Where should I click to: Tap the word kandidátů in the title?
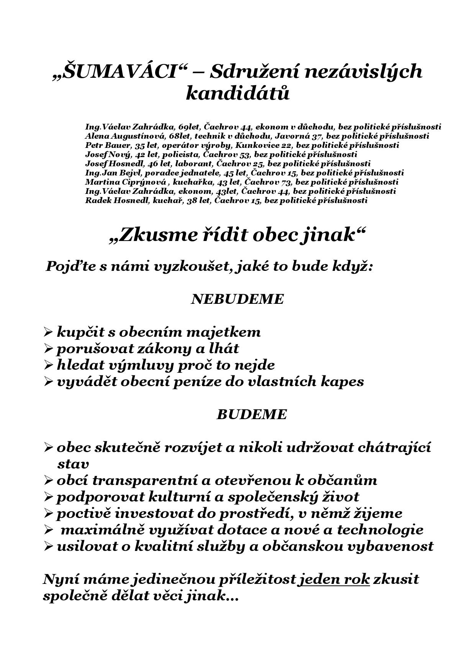click(237, 93)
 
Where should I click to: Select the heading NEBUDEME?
click(237, 299)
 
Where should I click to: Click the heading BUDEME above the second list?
click(251, 415)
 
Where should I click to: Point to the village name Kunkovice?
click(252, 145)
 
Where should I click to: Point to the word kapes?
click(345, 382)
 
